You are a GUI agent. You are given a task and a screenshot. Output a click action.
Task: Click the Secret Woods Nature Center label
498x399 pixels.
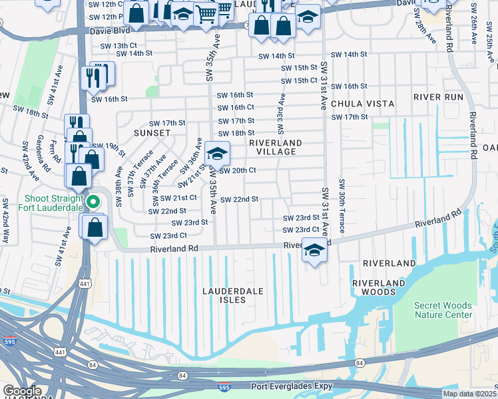[x=443, y=310]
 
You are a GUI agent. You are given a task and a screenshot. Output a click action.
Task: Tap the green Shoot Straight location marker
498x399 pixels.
[x=93, y=201]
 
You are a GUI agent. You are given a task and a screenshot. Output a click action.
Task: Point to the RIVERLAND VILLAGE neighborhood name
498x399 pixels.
[x=276, y=147]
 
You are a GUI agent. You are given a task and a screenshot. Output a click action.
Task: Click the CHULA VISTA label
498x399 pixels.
[x=362, y=104]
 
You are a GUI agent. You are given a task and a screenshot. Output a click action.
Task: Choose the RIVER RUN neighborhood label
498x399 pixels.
[x=437, y=97]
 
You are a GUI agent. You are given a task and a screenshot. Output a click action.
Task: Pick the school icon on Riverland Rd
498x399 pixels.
[x=315, y=251]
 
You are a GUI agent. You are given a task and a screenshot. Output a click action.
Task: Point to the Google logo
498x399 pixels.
[x=22, y=391]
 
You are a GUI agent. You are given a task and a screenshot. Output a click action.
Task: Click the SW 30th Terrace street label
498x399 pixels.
[x=342, y=205]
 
